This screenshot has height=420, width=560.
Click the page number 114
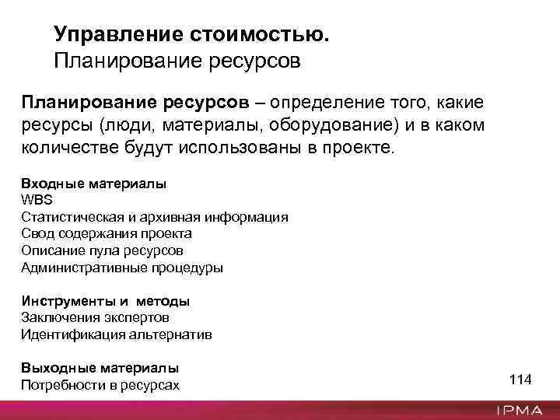(x=520, y=380)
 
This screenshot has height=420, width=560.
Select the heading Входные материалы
(x=93, y=184)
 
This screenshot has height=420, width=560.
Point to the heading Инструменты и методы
(x=105, y=300)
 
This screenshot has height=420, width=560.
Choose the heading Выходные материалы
(x=100, y=367)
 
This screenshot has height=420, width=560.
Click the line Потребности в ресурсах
(x=100, y=384)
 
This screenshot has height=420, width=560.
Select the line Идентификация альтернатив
(x=116, y=334)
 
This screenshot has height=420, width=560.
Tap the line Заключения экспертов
(x=95, y=317)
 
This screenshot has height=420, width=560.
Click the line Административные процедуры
(x=121, y=268)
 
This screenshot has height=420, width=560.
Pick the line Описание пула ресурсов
(x=103, y=250)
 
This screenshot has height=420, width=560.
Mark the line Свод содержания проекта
(x=107, y=233)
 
